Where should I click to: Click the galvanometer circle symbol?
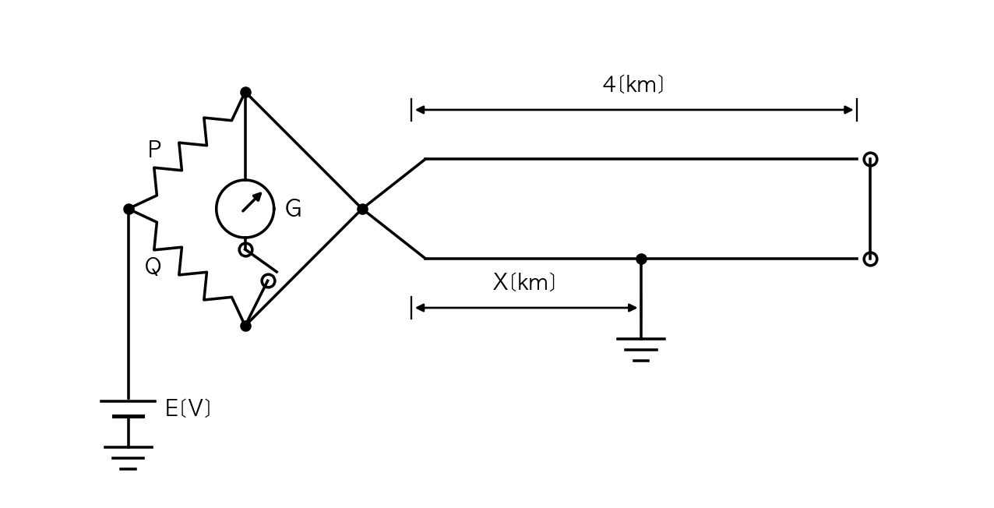(x=217, y=209)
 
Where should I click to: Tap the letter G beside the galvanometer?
(x=294, y=208)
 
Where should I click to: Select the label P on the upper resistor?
(x=154, y=149)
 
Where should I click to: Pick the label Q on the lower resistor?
(x=153, y=266)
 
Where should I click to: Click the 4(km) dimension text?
(x=633, y=84)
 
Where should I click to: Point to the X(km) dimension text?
(x=524, y=282)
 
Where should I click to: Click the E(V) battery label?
(x=188, y=408)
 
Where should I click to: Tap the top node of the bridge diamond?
(x=245, y=92)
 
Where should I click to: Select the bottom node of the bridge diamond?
(x=245, y=326)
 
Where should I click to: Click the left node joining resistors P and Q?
(x=129, y=209)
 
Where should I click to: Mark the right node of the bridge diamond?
(x=362, y=209)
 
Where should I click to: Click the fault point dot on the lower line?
(x=641, y=259)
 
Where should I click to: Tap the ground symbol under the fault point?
(x=641, y=350)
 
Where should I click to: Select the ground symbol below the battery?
(x=129, y=458)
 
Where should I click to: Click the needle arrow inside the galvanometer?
(x=252, y=202)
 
